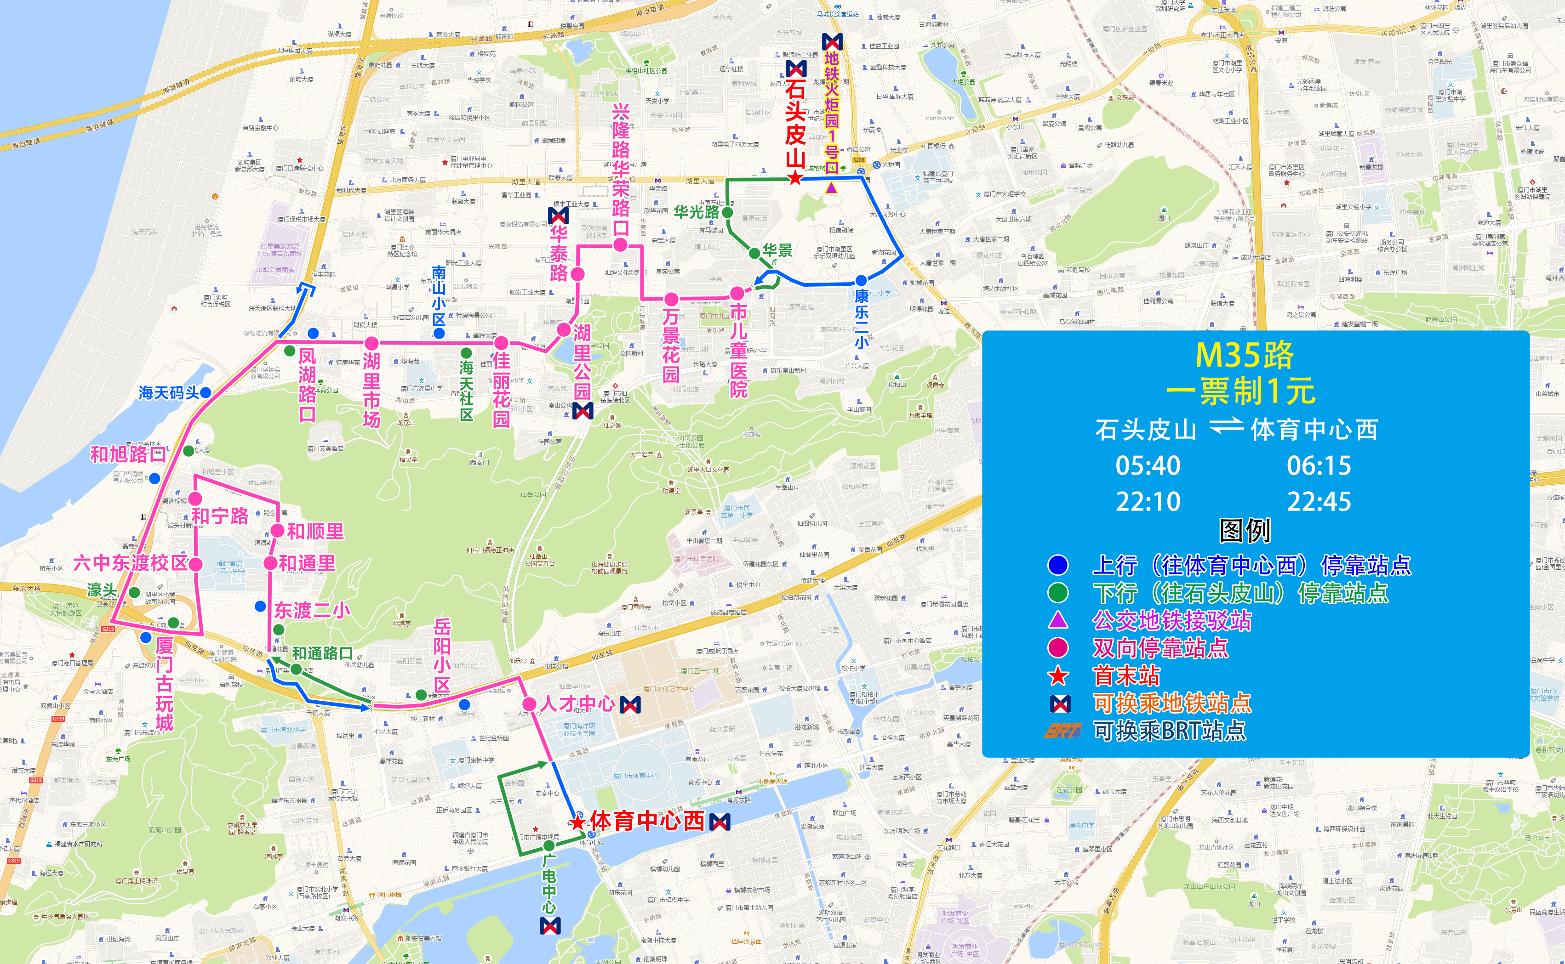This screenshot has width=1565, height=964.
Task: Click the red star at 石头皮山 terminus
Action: pyautogui.click(x=794, y=178)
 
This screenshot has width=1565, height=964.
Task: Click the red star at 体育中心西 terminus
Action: pyautogui.click(x=578, y=822)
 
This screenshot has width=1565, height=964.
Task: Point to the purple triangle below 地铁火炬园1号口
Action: pyautogui.click(x=831, y=187)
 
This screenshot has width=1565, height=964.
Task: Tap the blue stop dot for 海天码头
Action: pyautogui.click(x=206, y=393)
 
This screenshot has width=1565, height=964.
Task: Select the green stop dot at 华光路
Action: pyautogui.click(x=727, y=212)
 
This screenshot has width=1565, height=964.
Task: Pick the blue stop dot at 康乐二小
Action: pyautogui.click(x=861, y=280)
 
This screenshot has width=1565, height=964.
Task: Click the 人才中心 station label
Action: pyautogui.click(x=578, y=704)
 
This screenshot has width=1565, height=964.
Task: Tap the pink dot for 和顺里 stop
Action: pyautogui.click(x=277, y=530)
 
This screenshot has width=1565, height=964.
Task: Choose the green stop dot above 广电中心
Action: pyautogui.click(x=548, y=845)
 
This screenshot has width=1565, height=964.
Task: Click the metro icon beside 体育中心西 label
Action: pyautogui.click(x=720, y=822)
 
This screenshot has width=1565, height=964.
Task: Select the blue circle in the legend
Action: pyautogui.click(x=1057, y=565)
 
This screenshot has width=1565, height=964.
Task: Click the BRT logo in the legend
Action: pyautogui.click(x=1062, y=731)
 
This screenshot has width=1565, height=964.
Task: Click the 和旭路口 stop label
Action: pyautogui.click(x=127, y=454)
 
